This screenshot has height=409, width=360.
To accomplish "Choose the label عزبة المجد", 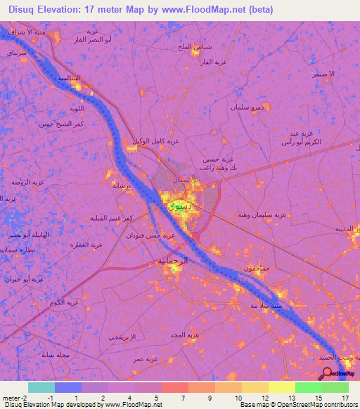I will pyautogui.click(x=186, y=335).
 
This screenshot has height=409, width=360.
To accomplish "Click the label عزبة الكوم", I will pyautogui.click(x=63, y=302).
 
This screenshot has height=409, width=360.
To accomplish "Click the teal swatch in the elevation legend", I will pyautogui.click(x=41, y=387).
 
